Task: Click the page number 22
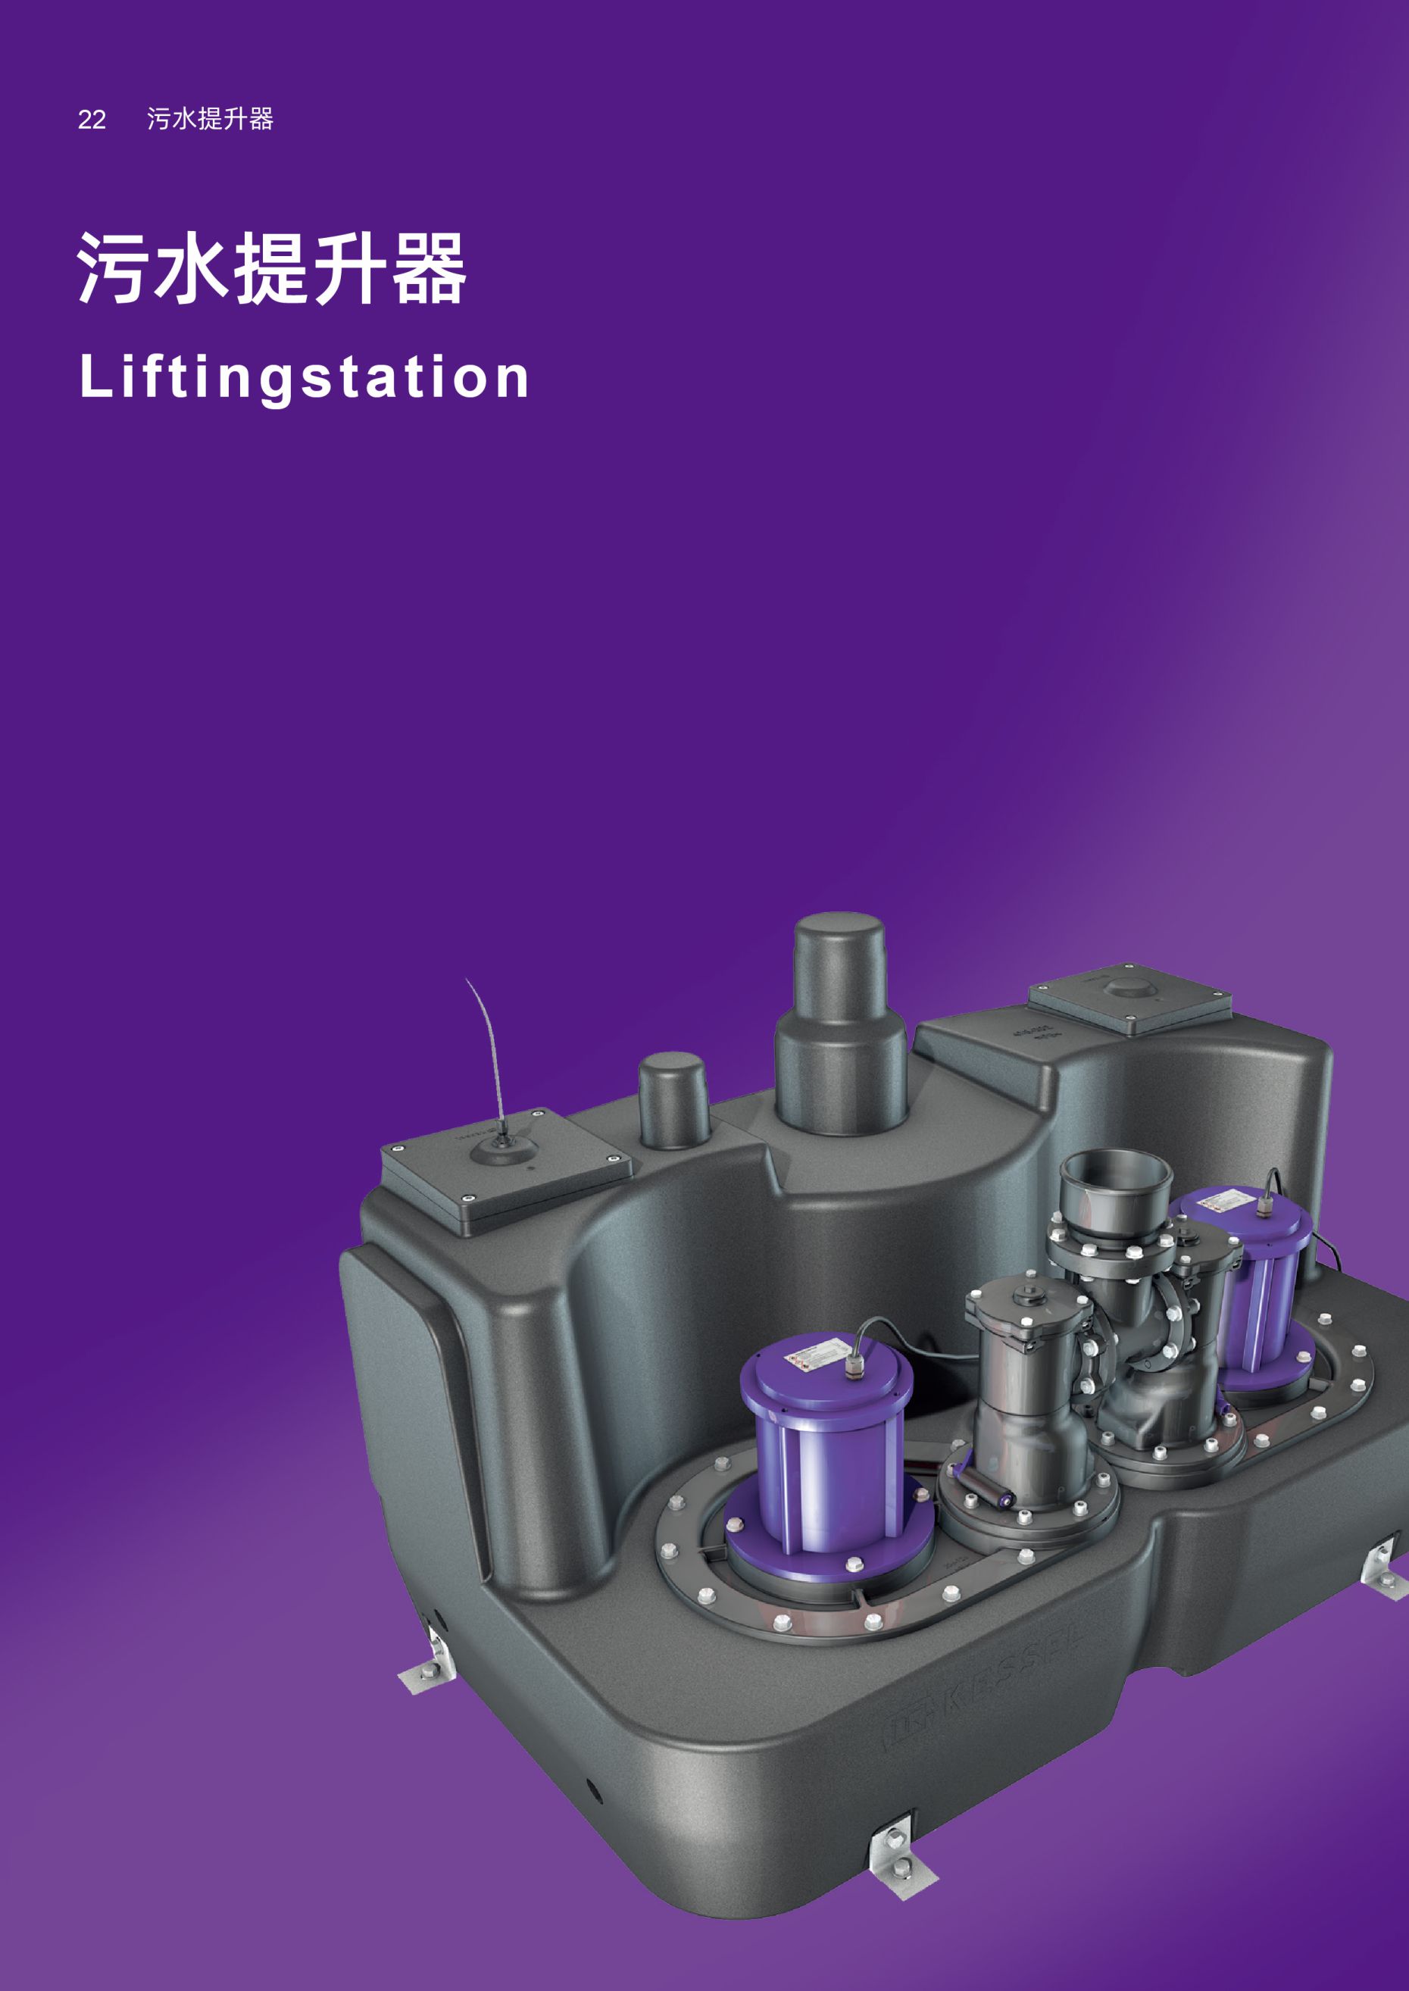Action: point(92,120)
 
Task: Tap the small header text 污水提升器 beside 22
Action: point(211,119)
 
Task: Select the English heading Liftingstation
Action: point(304,377)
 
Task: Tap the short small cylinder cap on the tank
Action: point(674,1101)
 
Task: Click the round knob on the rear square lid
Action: point(1127,988)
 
